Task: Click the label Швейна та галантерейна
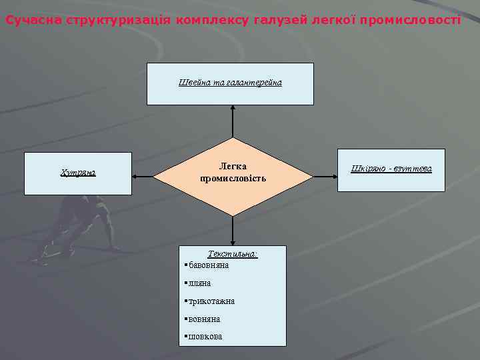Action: [230, 83]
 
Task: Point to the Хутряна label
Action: [78, 173]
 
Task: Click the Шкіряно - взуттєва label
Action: [391, 168]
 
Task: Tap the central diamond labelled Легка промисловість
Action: [233, 173]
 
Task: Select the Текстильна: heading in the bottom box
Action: [233, 254]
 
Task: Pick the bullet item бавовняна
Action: [209, 265]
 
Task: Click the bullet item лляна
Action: [200, 283]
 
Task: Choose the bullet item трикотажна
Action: [211, 301]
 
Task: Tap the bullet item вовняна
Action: [204, 319]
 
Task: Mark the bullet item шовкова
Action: [205, 337]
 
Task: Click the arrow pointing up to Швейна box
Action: [233, 121]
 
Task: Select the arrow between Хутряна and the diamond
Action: [143, 177]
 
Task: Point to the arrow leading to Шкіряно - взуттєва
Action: [325, 177]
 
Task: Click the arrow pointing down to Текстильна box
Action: [233, 231]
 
